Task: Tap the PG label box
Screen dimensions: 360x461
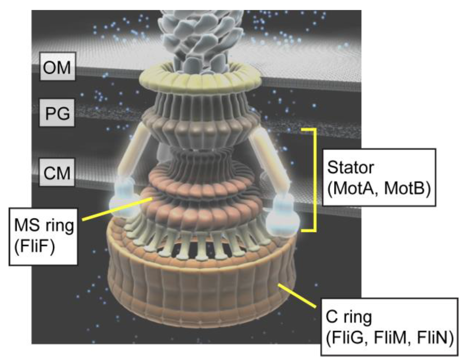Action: click(x=59, y=114)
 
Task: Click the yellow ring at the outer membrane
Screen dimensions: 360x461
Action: click(x=200, y=79)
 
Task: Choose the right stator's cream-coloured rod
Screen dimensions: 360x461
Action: click(x=271, y=158)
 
